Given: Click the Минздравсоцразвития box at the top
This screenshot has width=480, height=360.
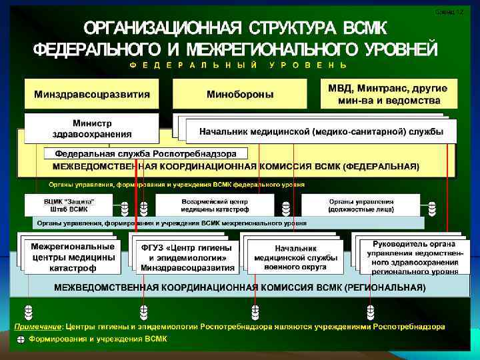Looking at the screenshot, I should point(92,94).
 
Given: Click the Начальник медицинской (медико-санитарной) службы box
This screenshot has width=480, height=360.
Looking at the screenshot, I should point(321,131).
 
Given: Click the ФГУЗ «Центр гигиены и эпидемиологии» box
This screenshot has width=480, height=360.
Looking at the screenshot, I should point(187,257).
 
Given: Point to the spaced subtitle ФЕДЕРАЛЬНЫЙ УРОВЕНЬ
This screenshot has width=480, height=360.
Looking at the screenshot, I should point(238,66).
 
